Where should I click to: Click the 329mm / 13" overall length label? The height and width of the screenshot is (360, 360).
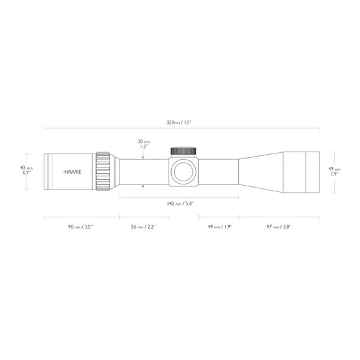click(179, 123)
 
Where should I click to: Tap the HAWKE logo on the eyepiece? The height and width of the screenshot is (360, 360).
click(72, 172)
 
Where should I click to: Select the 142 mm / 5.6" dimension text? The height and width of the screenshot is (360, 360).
click(180, 203)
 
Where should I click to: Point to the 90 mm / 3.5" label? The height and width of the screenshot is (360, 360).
click(80, 227)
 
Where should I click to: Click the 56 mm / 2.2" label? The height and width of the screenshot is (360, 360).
click(143, 227)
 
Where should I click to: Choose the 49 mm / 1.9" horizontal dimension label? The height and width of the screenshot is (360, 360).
click(220, 227)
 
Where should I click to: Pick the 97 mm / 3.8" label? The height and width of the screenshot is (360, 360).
click(279, 227)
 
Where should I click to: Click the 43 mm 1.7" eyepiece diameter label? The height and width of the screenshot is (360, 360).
click(26, 171)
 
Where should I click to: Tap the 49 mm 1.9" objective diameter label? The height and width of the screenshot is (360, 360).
click(335, 171)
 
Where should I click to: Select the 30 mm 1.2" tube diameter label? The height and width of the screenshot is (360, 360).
click(143, 144)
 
